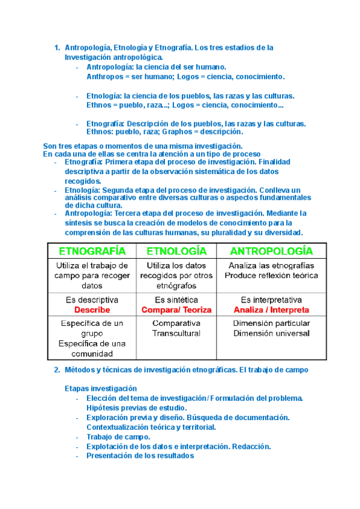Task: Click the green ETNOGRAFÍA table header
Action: coord(92,250)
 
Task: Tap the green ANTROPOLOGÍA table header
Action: coord(271,250)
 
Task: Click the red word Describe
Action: coord(92,310)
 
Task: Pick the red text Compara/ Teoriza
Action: coord(176,310)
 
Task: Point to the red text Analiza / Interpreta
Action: coord(272,310)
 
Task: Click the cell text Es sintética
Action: coord(176,300)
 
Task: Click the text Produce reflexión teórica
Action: coord(272,276)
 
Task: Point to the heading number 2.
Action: coord(56,370)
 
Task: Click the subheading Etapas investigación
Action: coord(100,388)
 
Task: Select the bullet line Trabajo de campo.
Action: coord(118,437)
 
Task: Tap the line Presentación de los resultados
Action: coord(140,456)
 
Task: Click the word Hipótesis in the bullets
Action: coord(104,408)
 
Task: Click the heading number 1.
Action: coord(56,47)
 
